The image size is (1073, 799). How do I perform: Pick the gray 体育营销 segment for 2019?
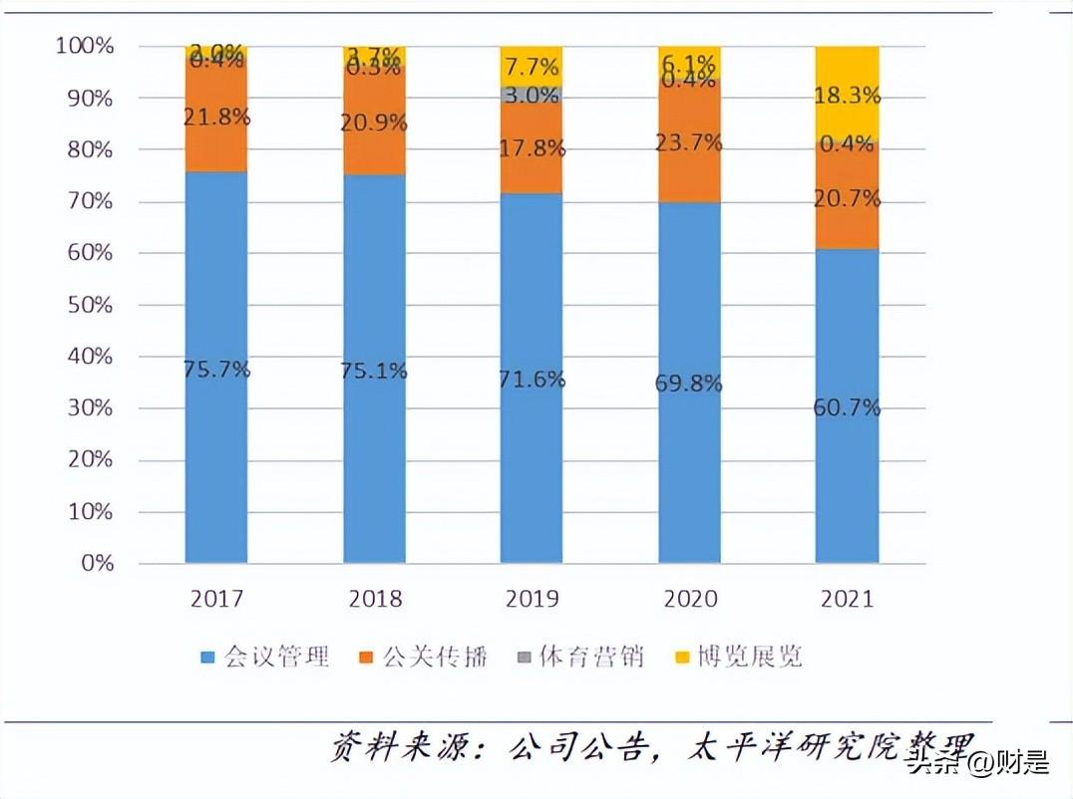point(531,94)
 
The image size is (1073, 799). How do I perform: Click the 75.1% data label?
point(375,371)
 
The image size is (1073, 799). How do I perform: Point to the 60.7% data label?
point(847,407)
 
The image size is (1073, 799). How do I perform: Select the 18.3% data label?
point(847,97)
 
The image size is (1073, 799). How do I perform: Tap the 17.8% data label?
point(533,149)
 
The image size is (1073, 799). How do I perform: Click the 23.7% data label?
point(689,142)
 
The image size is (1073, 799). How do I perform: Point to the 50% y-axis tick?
point(85,305)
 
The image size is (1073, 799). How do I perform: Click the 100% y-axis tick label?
point(85,46)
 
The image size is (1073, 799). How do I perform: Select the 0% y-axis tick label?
point(97,564)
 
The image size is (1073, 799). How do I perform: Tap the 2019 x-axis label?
point(533,599)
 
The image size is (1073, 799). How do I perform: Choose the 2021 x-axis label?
point(847,599)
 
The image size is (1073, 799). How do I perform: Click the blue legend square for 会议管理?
point(207,658)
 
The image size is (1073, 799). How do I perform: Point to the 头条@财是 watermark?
point(977,765)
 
